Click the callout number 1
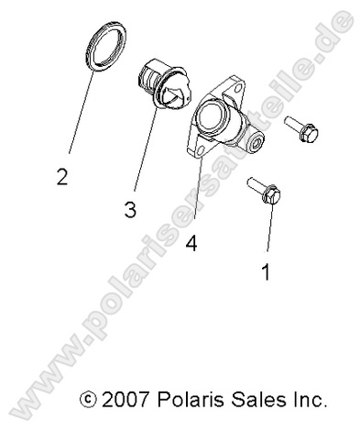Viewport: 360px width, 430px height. pos(266,271)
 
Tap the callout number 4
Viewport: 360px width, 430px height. pos(191,243)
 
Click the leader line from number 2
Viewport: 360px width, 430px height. pos(77,114)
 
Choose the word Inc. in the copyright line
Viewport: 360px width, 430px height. pos(305,400)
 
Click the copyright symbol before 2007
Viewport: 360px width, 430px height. pos(88,401)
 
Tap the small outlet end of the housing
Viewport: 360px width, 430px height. pos(255,142)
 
